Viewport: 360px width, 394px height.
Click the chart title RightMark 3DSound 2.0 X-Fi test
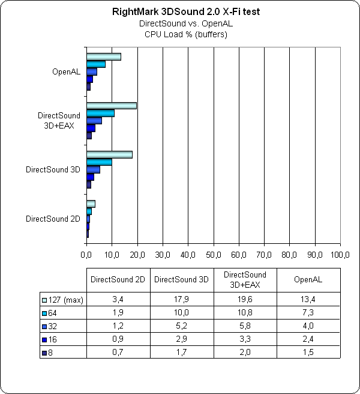click(180, 12)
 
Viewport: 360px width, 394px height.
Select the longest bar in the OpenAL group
click(104, 57)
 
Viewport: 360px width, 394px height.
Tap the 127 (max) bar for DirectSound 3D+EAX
click(112, 106)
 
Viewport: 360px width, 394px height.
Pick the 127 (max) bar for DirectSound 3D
click(109, 155)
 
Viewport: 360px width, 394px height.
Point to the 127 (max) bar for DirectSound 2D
click(91, 204)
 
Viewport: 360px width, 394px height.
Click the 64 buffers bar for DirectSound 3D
click(99, 162)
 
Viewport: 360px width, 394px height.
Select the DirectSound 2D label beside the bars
click(53, 219)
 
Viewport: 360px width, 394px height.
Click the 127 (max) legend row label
click(64, 300)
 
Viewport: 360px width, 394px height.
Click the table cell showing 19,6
click(245, 300)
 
